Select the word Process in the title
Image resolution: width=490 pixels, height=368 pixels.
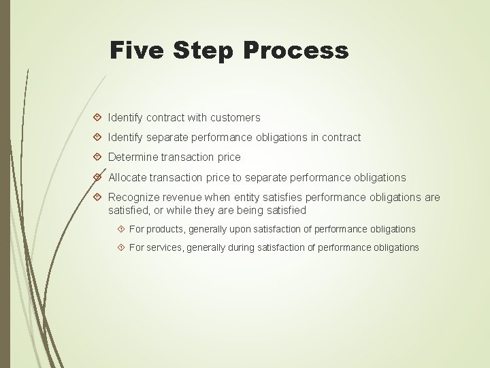(297, 50)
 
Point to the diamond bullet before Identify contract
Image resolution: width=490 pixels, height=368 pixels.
(98, 118)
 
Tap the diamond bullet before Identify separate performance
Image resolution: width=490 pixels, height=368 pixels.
(98, 138)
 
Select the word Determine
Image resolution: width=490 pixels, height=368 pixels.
(132, 157)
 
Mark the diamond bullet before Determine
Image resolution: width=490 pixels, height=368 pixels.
(98, 157)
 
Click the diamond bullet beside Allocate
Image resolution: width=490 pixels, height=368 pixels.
(98, 177)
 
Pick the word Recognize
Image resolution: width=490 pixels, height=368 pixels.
(134, 198)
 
